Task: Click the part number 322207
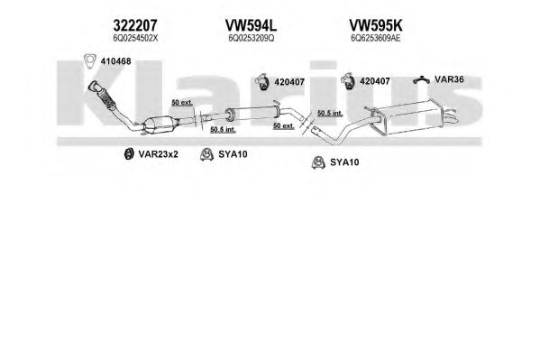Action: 135,25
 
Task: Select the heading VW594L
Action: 251,25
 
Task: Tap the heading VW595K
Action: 375,25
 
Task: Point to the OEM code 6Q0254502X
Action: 135,38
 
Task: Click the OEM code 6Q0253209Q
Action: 251,38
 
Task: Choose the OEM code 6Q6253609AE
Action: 375,38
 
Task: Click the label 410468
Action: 115,61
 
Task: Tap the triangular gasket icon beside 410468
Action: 90,61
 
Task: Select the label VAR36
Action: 449,79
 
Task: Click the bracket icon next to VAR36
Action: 422,79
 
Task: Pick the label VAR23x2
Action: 158,154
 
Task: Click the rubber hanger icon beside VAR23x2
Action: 129,153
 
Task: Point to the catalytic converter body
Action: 160,125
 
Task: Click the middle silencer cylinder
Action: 252,113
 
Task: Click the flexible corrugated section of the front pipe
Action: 107,98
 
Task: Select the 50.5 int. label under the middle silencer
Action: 223,130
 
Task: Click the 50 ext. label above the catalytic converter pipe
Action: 182,103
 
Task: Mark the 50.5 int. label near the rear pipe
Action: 330,113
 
